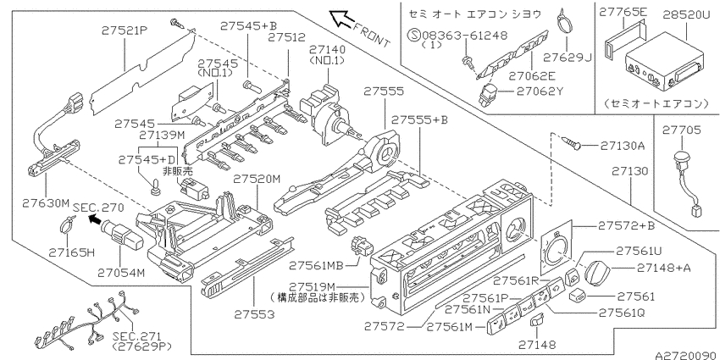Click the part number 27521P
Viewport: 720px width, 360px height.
[x=125, y=30]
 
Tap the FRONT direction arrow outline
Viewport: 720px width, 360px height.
[x=341, y=19]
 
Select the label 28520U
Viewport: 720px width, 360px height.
[x=686, y=14]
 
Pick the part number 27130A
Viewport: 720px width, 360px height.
[x=623, y=146]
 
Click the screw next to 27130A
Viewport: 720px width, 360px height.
[x=572, y=144]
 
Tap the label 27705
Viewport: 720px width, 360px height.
[x=681, y=130]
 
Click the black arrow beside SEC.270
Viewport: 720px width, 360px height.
[x=95, y=219]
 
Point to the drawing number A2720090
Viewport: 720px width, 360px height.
[x=686, y=356]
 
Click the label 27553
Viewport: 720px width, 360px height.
[x=254, y=314]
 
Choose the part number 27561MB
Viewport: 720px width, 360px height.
[x=317, y=265]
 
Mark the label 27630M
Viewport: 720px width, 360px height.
[x=47, y=202]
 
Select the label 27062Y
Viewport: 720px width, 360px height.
[x=540, y=91]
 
